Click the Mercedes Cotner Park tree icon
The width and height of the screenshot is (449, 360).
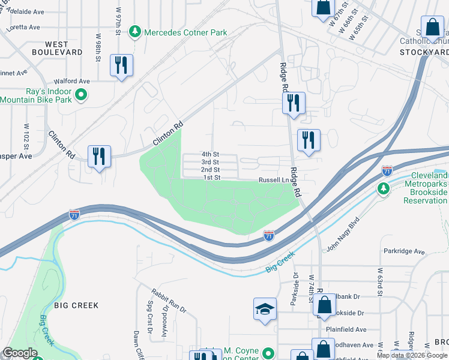136,31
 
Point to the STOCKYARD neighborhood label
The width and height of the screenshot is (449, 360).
424,52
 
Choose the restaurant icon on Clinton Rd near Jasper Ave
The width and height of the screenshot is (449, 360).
99,156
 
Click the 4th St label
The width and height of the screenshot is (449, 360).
210,154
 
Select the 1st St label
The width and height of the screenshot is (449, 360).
212,178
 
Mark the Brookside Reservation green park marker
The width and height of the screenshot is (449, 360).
383,189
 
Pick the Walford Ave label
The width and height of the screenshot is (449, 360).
71,81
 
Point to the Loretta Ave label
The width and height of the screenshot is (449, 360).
23,27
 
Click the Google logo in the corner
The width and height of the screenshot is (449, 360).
20,353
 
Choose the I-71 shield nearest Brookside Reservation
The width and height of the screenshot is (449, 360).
387,171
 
